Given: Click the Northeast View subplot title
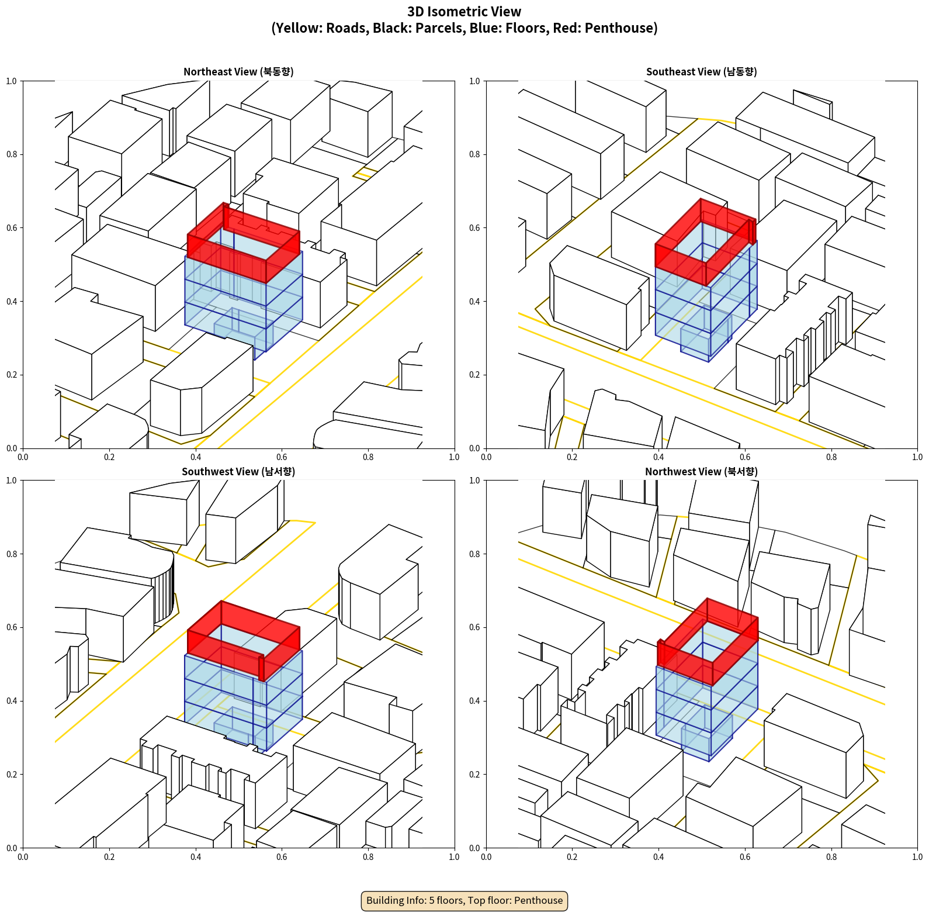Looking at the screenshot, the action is coord(238,71).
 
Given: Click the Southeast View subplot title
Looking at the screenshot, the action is coord(701,71).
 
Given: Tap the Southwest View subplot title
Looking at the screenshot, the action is coord(238,471).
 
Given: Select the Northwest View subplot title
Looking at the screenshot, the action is coord(701,471).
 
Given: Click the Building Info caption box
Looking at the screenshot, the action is coord(464,900).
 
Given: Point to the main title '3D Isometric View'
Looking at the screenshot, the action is coord(464,12).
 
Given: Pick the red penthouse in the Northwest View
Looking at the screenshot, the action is coord(708,642).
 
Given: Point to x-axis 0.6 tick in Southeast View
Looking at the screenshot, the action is coord(745,457).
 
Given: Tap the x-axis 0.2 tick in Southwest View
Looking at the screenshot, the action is coord(109,857).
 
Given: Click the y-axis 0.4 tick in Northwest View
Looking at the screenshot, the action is coord(474,700).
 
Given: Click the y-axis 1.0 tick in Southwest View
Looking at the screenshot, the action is coord(12,481).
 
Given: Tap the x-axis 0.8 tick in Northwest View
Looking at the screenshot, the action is coord(831,857).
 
